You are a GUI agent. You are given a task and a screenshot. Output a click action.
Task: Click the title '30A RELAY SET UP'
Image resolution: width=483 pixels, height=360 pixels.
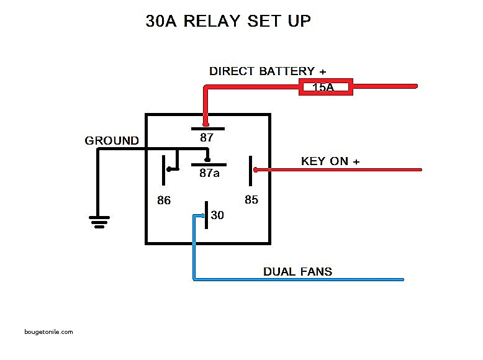coord(228,21)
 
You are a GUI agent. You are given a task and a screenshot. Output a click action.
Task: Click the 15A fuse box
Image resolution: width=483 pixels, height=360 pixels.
coord(326,87)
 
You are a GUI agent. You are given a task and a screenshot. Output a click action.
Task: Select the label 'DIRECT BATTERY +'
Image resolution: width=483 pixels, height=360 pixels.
coord(268,71)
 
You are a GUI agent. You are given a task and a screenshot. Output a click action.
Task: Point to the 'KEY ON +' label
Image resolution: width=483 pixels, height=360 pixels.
coord(330,161)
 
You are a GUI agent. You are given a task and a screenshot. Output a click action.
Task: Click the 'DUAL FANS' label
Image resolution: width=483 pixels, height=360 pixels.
coord(297,271)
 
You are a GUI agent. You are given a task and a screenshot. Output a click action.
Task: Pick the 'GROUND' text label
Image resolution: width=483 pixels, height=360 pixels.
coord(112,141)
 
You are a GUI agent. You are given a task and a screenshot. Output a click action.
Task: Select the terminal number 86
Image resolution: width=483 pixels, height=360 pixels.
coord(164,200)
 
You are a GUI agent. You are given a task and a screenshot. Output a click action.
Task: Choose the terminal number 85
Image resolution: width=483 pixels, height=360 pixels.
coord(251,200)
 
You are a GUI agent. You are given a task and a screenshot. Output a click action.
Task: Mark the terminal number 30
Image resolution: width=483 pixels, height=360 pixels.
coord(217,215)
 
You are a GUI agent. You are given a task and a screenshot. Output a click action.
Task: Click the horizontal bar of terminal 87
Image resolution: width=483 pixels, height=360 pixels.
coord(207,128)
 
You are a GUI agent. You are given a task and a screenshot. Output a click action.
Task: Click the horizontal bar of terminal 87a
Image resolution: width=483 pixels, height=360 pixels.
coord(209,164)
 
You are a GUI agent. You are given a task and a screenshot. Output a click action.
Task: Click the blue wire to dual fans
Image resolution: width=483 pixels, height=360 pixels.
coord(298,280)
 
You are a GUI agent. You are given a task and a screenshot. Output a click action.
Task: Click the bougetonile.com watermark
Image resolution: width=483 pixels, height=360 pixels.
coord(49,331)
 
